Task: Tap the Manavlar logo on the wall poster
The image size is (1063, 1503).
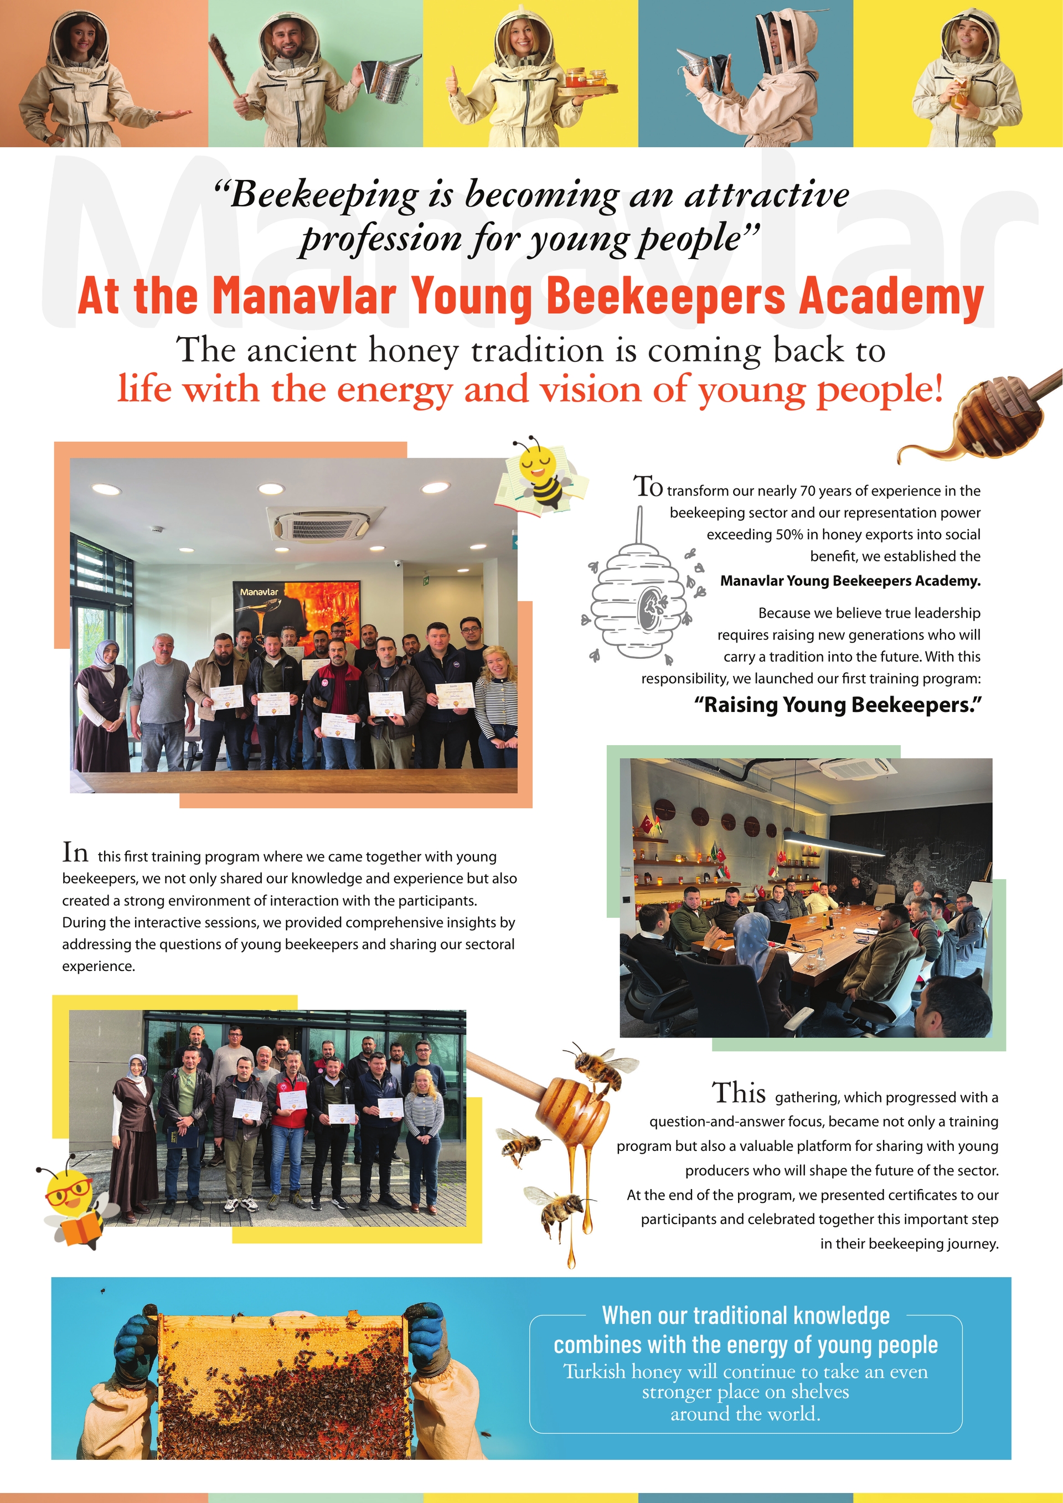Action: (x=259, y=592)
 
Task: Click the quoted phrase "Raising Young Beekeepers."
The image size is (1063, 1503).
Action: (x=838, y=705)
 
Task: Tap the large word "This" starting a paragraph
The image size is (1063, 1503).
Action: (x=739, y=1093)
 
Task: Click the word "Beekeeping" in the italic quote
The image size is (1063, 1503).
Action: (x=324, y=194)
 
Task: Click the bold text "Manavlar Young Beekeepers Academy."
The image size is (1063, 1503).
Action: (x=850, y=581)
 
